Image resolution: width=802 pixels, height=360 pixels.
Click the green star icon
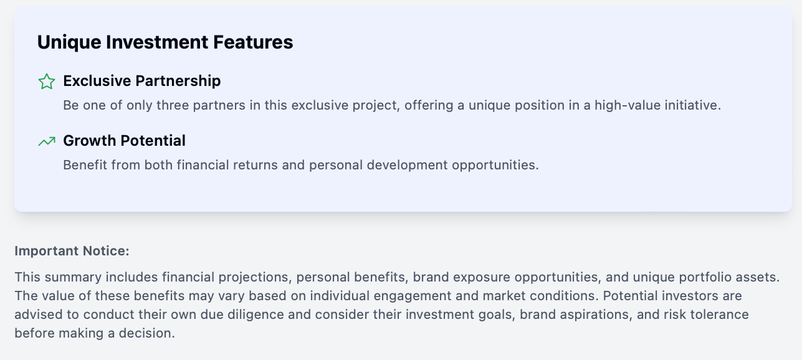point(47,81)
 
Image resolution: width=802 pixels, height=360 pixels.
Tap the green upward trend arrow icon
point(47,141)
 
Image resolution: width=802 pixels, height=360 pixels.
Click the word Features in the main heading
point(253,42)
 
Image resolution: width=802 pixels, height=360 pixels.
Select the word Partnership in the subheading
point(178,81)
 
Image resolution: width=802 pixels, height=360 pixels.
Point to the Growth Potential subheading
point(124,141)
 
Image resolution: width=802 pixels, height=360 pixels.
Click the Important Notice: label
point(72,251)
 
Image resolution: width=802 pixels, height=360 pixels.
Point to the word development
point(407,165)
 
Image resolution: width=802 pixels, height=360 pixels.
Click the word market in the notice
point(504,296)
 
